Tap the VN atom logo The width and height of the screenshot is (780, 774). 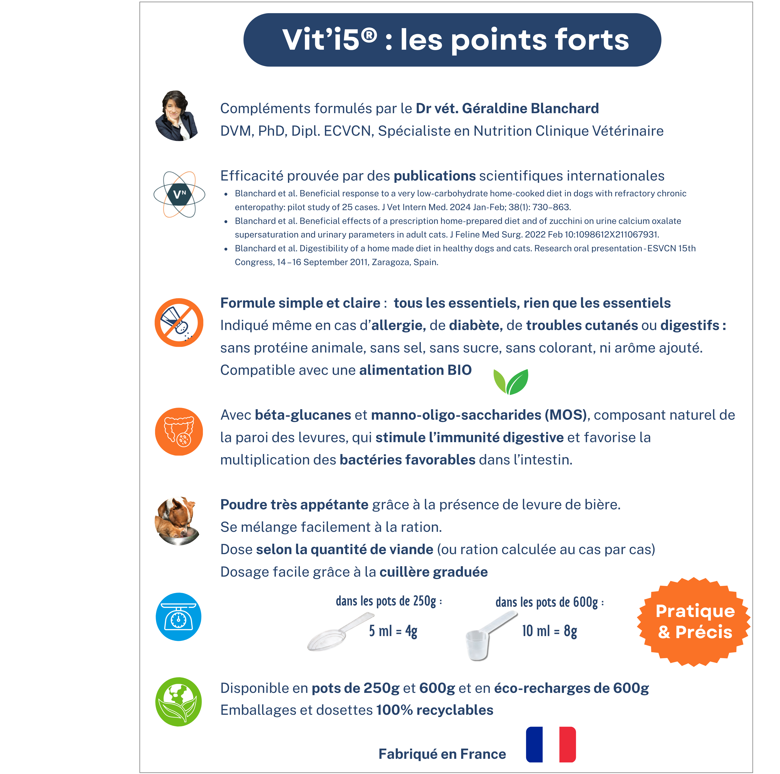pyautogui.click(x=179, y=194)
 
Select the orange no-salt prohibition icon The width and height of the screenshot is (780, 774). pyautogui.click(x=179, y=322)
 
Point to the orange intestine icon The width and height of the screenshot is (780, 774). pyautogui.click(x=179, y=431)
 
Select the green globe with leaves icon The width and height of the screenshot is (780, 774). pyautogui.click(x=178, y=702)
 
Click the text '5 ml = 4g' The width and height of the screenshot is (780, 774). pyautogui.click(x=393, y=631)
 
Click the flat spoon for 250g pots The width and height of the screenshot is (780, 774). pyautogui.click(x=340, y=632)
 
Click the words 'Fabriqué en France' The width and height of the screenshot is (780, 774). pyautogui.click(x=442, y=754)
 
